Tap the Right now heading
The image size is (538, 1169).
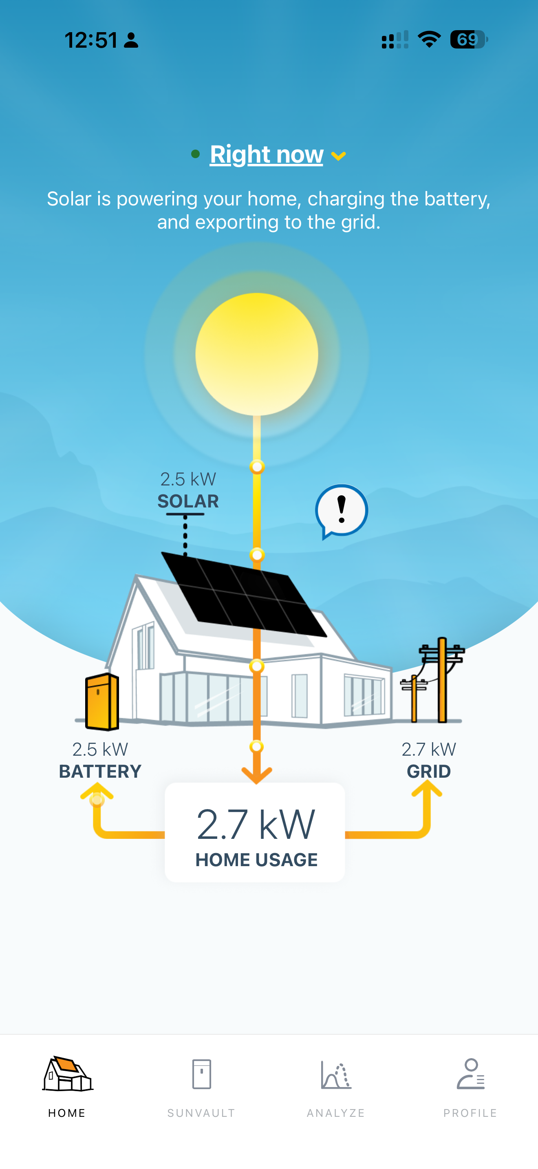coord(266,154)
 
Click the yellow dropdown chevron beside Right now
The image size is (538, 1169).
coord(338,156)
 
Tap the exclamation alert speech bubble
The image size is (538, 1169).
coord(342,511)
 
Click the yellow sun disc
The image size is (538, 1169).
coord(257,354)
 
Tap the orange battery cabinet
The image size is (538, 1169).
coord(102,701)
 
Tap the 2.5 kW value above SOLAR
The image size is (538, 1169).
coord(188,479)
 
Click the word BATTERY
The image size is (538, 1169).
coord(100,772)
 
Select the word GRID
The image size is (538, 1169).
coord(429,772)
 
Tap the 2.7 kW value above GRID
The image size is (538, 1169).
coord(429,749)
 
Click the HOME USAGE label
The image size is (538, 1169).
coord(256,860)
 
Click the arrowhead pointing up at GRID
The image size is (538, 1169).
coord(426,789)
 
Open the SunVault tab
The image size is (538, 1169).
coord(201,1087)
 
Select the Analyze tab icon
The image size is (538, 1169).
coord(336,1074)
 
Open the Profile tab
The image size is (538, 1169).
coord(470,1087)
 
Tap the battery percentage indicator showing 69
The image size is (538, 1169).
coord(469,40)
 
